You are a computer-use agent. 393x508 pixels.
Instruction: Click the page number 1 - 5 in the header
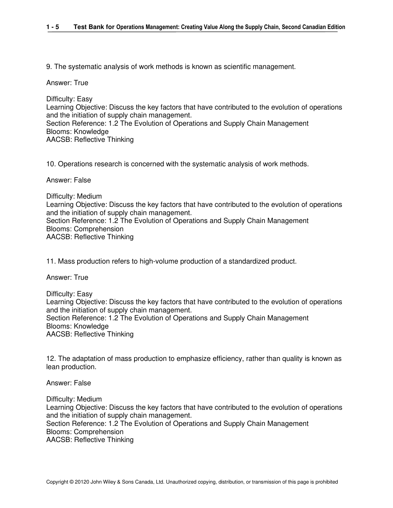click(x=53, y=27)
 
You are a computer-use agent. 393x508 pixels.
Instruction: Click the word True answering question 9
click(x=81, y=83)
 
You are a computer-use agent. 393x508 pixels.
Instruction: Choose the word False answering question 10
click(x=82, y=180)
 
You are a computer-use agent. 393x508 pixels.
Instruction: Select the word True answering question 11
click(x=81, y=277)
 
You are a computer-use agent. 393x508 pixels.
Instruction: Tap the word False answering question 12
click(x=82, y=383)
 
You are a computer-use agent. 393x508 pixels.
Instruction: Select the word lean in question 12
click(x=53, y=367)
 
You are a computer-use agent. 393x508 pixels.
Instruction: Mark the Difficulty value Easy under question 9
click(x=85, y=99)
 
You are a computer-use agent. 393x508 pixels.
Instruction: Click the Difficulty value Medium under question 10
click(x=89, y=196)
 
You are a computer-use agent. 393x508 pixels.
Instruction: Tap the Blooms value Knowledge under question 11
click(x=91, y=326)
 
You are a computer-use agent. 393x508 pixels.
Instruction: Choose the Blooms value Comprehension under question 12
click(x=98, y=432)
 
